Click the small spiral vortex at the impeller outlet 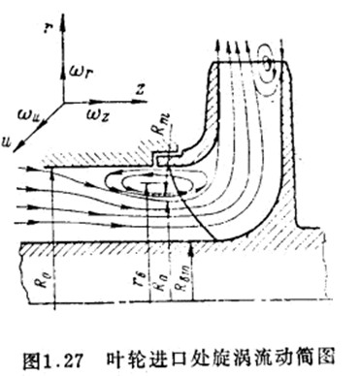click(x=268, y=59)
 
